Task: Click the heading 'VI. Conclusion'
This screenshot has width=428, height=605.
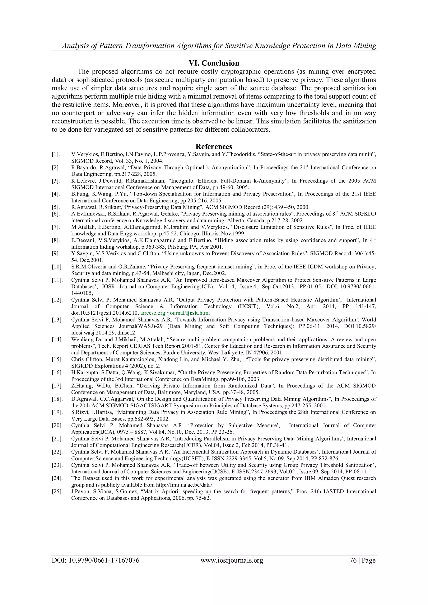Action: coord(214,63)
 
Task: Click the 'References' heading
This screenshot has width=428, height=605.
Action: coord(214,146)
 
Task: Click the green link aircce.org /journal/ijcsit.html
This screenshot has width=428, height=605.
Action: coord(175,313)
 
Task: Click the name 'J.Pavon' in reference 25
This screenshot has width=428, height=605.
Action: coord(80,491)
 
